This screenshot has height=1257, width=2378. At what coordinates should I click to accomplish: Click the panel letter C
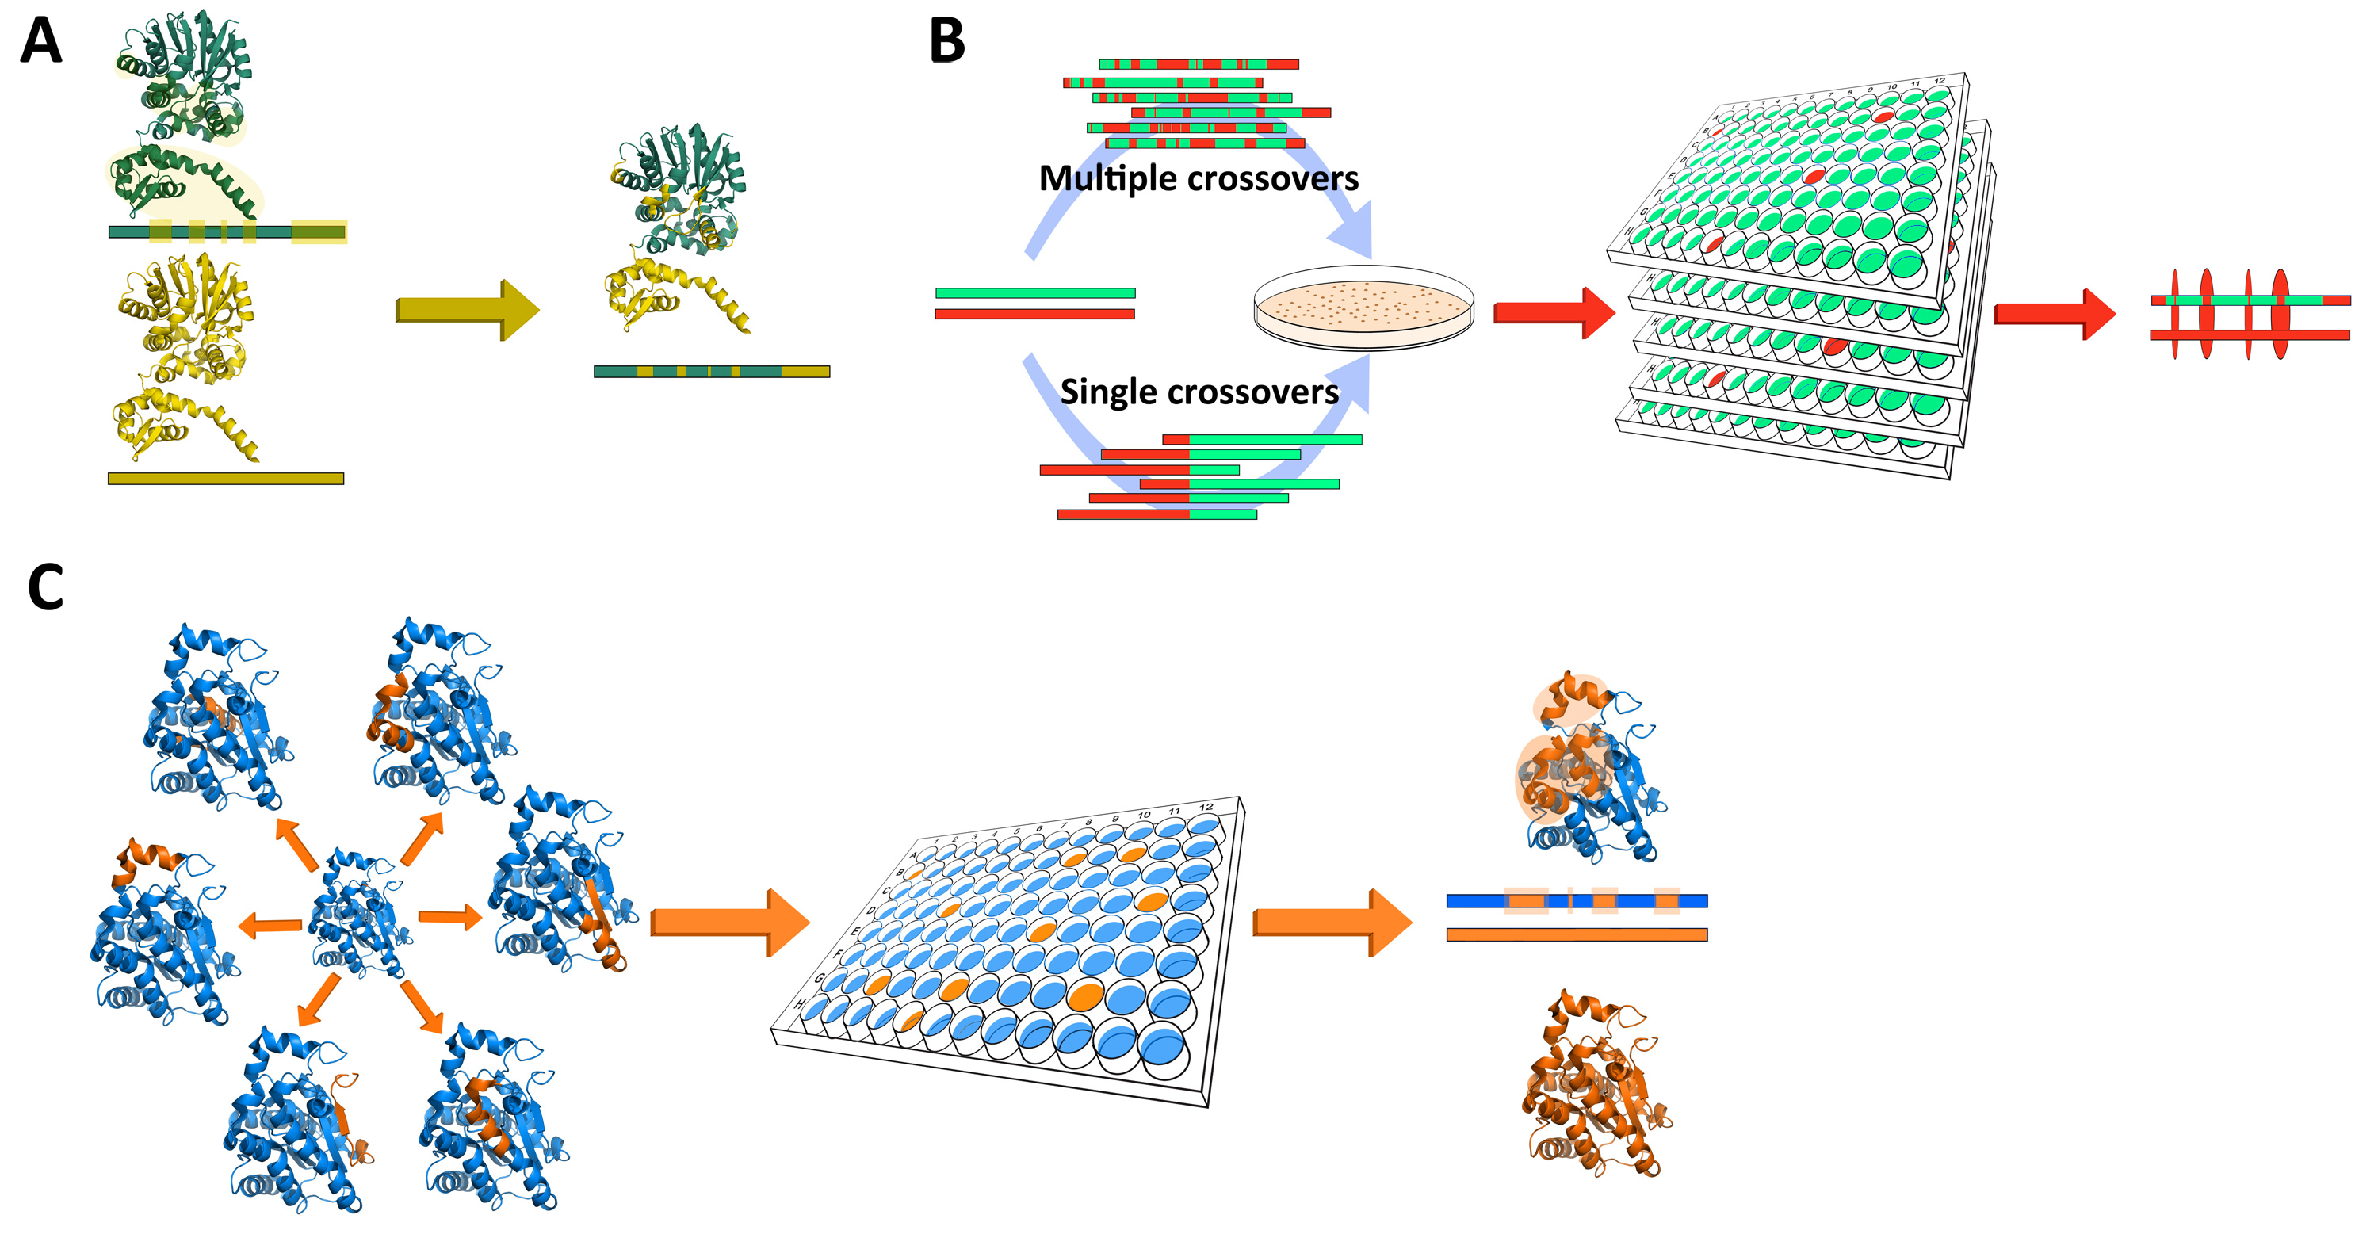(46, 587)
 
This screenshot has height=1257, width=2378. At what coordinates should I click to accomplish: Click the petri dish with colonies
(1363, 308)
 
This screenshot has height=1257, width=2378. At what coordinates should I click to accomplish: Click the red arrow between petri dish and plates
(1554, 312)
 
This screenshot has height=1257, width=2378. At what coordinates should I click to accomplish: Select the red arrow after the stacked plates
(2054, 314)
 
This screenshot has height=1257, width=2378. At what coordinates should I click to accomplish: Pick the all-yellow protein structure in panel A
(185, 355)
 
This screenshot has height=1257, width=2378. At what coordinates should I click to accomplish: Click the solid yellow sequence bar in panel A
(225, 478)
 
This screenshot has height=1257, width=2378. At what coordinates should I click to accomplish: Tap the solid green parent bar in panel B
(1035, 292)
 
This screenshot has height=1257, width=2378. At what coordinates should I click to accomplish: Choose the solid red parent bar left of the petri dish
(1035, 315)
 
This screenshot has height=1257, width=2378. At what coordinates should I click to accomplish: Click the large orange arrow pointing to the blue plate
(729, 922)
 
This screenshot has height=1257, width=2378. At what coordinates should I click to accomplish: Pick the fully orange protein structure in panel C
(1595, 1084)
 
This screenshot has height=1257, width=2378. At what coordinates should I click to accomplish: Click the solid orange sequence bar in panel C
(1576, 935)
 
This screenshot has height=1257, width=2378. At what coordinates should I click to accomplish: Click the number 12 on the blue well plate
(1206, 808)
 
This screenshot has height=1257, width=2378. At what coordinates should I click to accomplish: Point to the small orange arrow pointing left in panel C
(270, 925)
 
